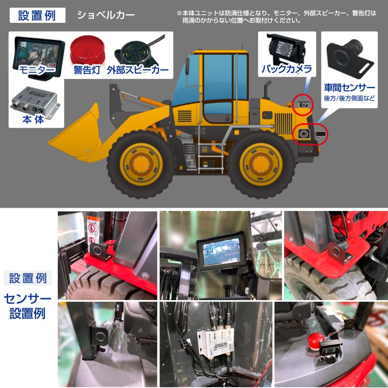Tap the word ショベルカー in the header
106,15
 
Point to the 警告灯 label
87,70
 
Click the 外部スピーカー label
138,70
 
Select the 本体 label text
33,119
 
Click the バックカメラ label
286,69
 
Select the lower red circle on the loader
304,134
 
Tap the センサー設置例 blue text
28,306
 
